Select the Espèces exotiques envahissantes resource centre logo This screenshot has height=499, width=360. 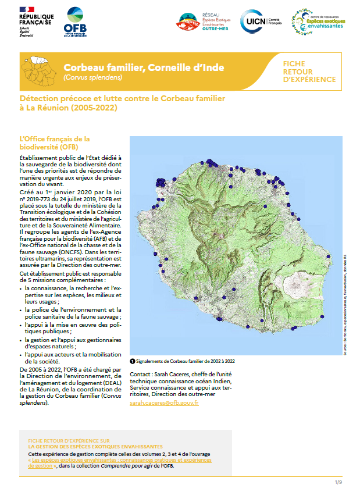319,22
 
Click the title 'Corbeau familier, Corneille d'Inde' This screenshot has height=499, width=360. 144,67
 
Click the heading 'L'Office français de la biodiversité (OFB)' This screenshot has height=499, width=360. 55,142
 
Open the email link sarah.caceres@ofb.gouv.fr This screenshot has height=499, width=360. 164,402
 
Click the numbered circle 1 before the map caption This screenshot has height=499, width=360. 133,361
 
